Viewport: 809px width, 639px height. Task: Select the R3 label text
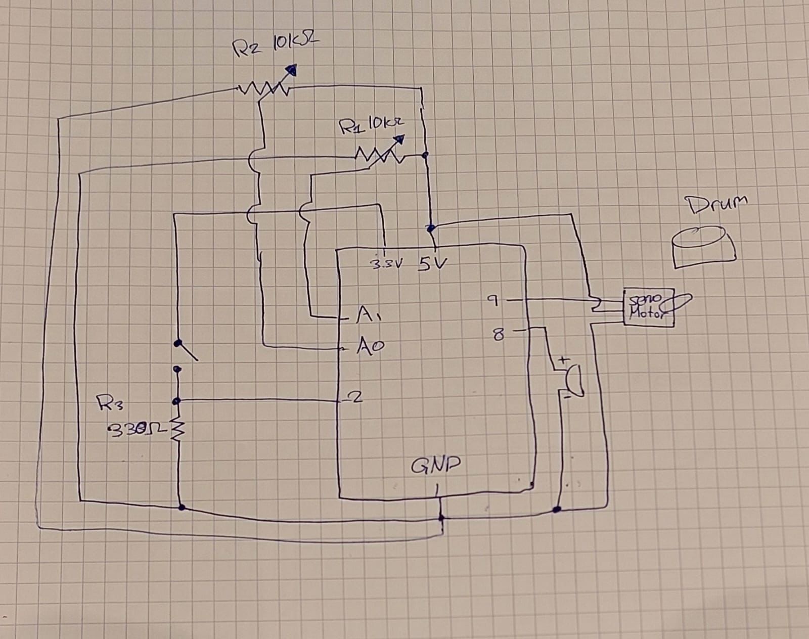pyautogui.click(x=107, y=403)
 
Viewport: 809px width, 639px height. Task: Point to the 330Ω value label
pyautogui.click(x=134, y=430)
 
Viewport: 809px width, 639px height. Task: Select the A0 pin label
pyautogui.click(x=371, y=346)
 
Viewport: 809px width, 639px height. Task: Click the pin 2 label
pyautogui.click(x=356, y=398)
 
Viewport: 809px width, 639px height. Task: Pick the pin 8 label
pyautogui.click(x=498, y=334)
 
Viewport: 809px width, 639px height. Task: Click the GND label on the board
pyautogui.click(x=435, y=466)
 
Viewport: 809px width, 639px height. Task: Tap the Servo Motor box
pyautogui.click(x=649, y=308)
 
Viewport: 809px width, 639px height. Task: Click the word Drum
pyautogui.click(x=716, y=204)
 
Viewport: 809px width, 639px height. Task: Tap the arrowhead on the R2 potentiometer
pyautogui.click(x=291, y=70)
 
